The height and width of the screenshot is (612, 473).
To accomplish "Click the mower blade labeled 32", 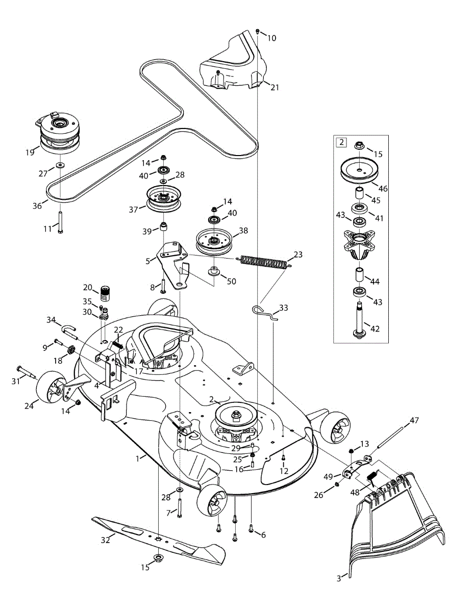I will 158,538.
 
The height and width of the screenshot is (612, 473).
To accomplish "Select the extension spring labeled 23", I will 263,260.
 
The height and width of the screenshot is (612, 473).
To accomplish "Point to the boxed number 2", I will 340,142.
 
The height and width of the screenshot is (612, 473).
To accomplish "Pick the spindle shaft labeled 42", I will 361,319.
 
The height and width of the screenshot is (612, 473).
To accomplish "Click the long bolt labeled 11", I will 60,222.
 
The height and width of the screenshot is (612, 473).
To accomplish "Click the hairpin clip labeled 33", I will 264,312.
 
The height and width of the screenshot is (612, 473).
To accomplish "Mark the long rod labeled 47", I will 396,433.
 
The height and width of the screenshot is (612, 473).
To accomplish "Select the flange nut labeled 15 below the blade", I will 158,556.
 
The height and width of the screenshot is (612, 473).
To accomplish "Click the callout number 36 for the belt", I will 37,206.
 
